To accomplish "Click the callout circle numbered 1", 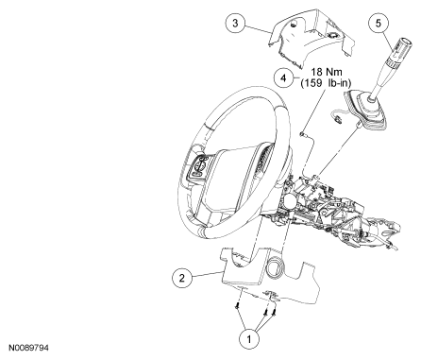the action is coord(249,339).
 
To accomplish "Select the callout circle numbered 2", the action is coord(182,278).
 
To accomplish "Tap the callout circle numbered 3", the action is coord(236,23).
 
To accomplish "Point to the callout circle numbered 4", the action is coord(283,77).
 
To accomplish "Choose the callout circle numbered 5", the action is coord(379,23).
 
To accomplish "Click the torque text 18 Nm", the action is coord(327,72).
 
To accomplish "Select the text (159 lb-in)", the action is coord(326,83).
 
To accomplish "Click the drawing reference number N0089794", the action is coord(28,348).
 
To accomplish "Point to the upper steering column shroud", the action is coord(312,39).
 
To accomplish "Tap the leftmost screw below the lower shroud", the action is coord(236,306).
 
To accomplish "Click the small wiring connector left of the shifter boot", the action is coord(337,119).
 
